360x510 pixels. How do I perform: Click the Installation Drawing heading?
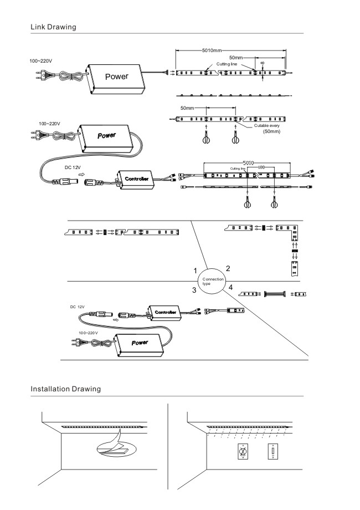[x=65, y=389]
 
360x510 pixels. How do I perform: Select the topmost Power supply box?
[x=116, y=76]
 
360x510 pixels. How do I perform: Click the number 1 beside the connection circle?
[x=196, y=271]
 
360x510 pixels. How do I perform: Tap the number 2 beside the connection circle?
[x=228, y=268]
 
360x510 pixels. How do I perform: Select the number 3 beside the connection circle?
[x=195, y=290]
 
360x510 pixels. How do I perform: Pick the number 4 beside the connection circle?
[x=230, y=288]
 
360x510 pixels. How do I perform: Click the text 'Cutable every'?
[x=268, y=126]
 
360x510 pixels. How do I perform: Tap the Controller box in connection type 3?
[x=166, y=313]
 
